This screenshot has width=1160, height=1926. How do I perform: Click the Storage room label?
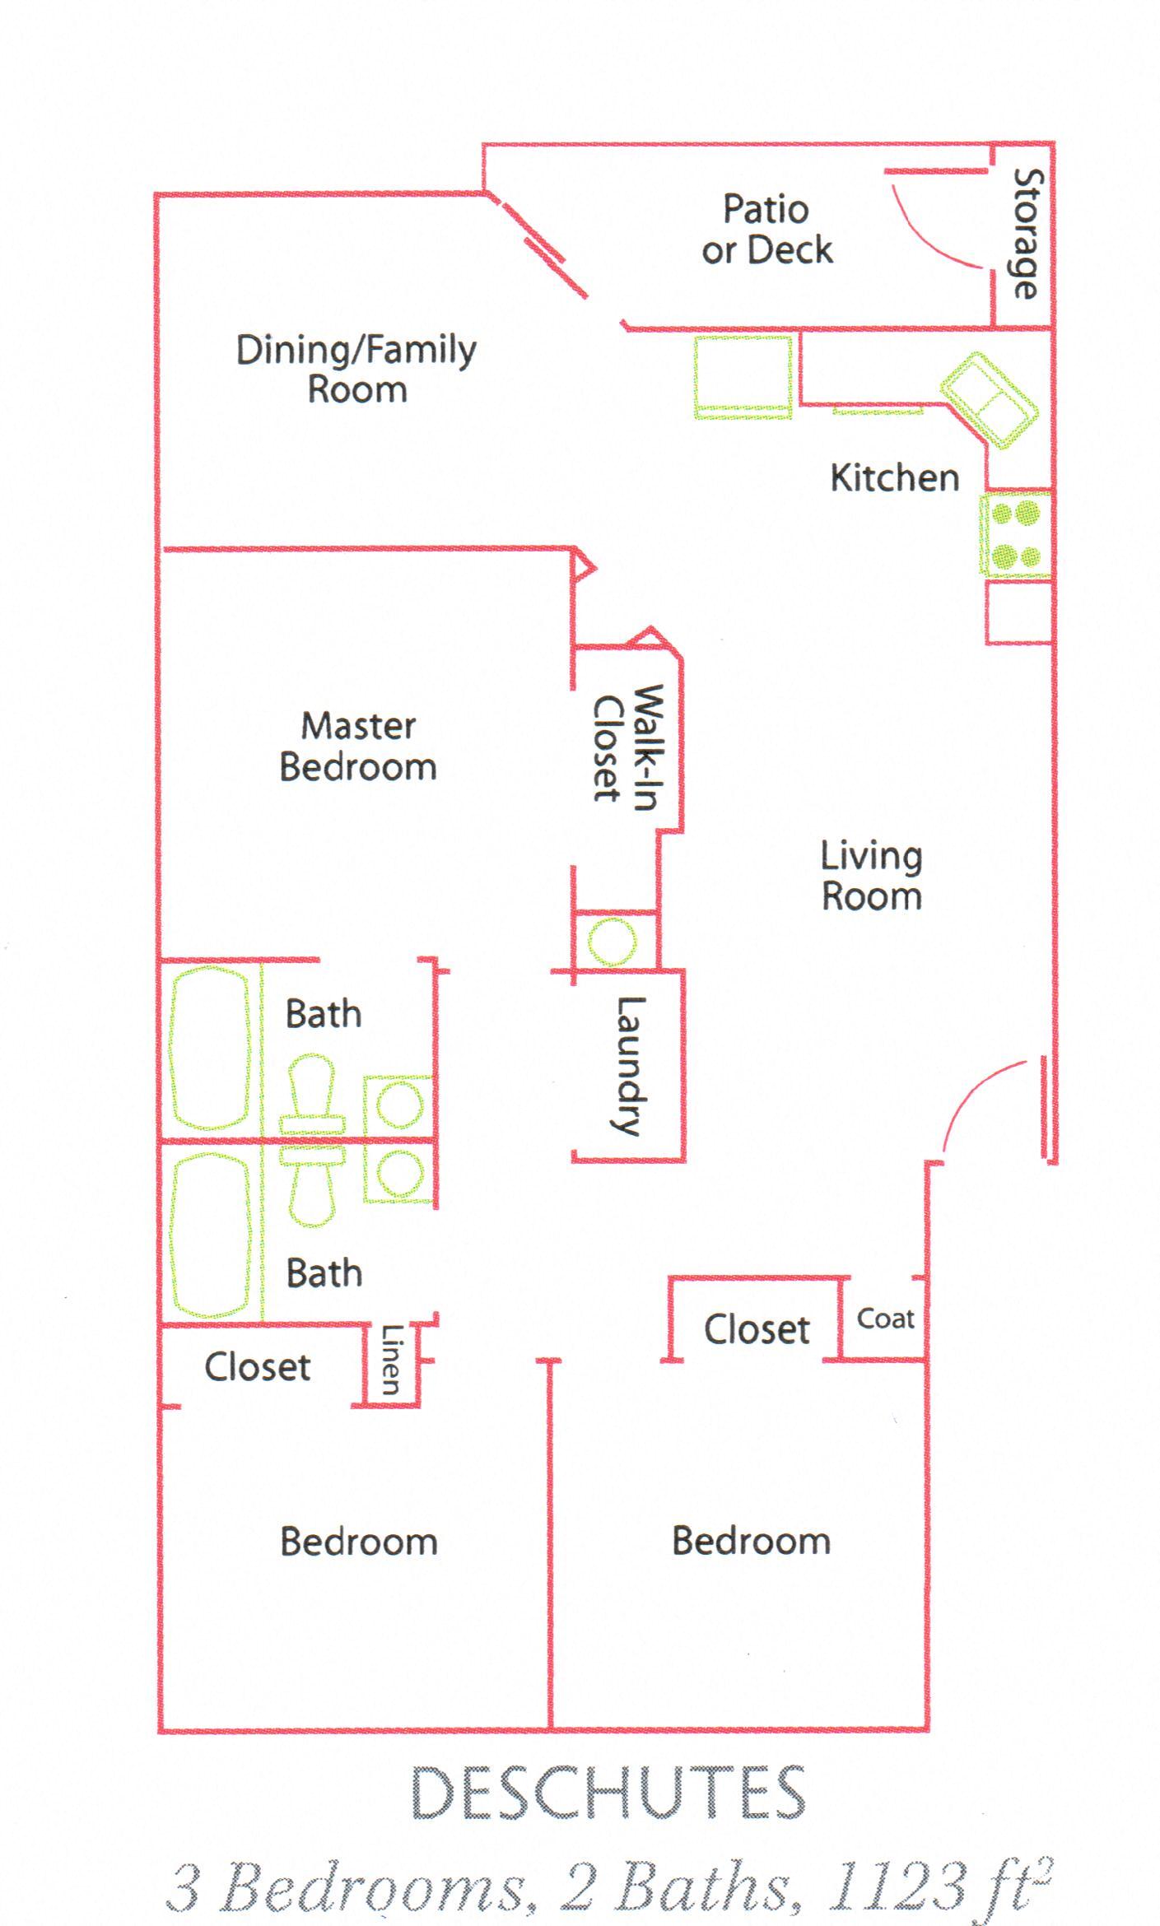1027,234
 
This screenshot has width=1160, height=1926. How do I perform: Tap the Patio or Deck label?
766,230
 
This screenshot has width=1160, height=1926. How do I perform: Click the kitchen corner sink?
990,400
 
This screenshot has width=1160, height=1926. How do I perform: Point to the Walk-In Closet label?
627,747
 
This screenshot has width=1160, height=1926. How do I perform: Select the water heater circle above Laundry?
613,941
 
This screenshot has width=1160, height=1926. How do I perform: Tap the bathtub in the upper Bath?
210,1048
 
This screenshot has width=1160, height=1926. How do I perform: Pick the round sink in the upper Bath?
400,1105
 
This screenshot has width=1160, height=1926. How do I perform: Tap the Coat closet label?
885,1319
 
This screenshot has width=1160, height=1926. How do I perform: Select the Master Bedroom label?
358,747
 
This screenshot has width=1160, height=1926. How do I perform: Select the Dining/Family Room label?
356,369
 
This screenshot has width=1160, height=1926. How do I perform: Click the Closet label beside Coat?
757,1329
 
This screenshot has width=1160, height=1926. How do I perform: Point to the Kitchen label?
894,478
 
